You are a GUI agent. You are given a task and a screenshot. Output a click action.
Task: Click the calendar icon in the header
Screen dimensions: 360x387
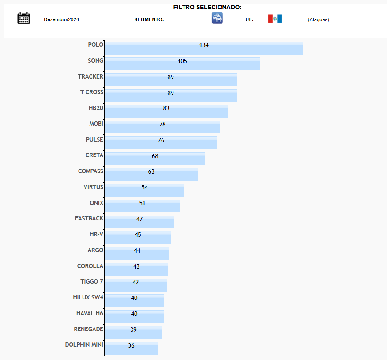pos(23,18)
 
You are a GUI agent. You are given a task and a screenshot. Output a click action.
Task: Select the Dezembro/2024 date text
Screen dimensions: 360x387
pos(61,19)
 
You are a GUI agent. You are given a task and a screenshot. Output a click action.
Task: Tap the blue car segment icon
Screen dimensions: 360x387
pos(217,18)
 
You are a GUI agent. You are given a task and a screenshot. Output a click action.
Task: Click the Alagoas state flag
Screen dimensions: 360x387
pos(274,19)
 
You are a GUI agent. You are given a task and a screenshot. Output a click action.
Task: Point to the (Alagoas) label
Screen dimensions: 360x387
pos(318,19)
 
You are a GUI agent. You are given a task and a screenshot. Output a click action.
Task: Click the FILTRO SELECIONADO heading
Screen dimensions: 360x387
pos(207,8)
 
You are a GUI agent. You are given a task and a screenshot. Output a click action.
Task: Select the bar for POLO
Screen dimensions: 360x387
pos(203,48)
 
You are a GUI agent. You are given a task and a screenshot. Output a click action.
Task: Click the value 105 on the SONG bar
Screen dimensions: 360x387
pos(182,61)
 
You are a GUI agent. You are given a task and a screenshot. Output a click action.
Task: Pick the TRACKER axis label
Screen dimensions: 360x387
pos(90,76)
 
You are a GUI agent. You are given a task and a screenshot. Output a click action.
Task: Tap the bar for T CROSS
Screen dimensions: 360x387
pos(170,95)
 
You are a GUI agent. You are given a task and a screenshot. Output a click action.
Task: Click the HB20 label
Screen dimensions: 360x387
pos(96,108)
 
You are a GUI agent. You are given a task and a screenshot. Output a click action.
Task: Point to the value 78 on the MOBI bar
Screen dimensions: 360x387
pos(162,124)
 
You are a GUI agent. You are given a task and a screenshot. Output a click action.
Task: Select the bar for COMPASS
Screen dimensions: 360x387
pos(151,174)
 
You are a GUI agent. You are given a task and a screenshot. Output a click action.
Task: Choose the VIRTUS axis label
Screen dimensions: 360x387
pos(93,187)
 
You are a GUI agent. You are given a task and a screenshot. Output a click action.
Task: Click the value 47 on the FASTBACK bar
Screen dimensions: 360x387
pos(139,219)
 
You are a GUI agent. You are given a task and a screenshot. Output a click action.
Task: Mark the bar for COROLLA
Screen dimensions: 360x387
pos(136,269)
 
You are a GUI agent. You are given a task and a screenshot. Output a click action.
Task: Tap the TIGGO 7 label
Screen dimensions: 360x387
pos(92,281)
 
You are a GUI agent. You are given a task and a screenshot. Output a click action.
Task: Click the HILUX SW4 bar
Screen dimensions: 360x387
pos(134,301)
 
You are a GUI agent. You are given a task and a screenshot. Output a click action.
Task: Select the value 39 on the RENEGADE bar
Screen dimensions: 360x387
pos(133,330)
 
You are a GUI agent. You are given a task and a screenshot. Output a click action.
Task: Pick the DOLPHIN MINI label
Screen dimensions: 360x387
pos(84,345)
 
